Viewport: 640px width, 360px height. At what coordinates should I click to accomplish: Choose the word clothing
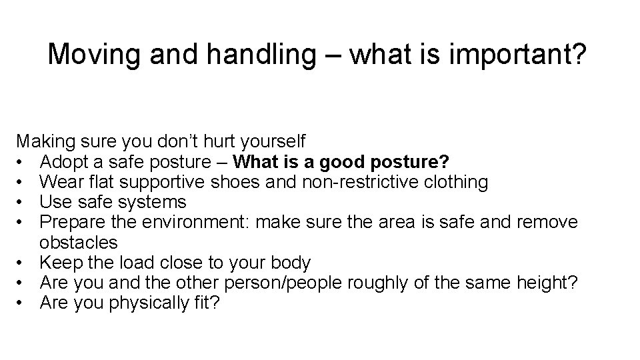(x=459, y=181)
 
